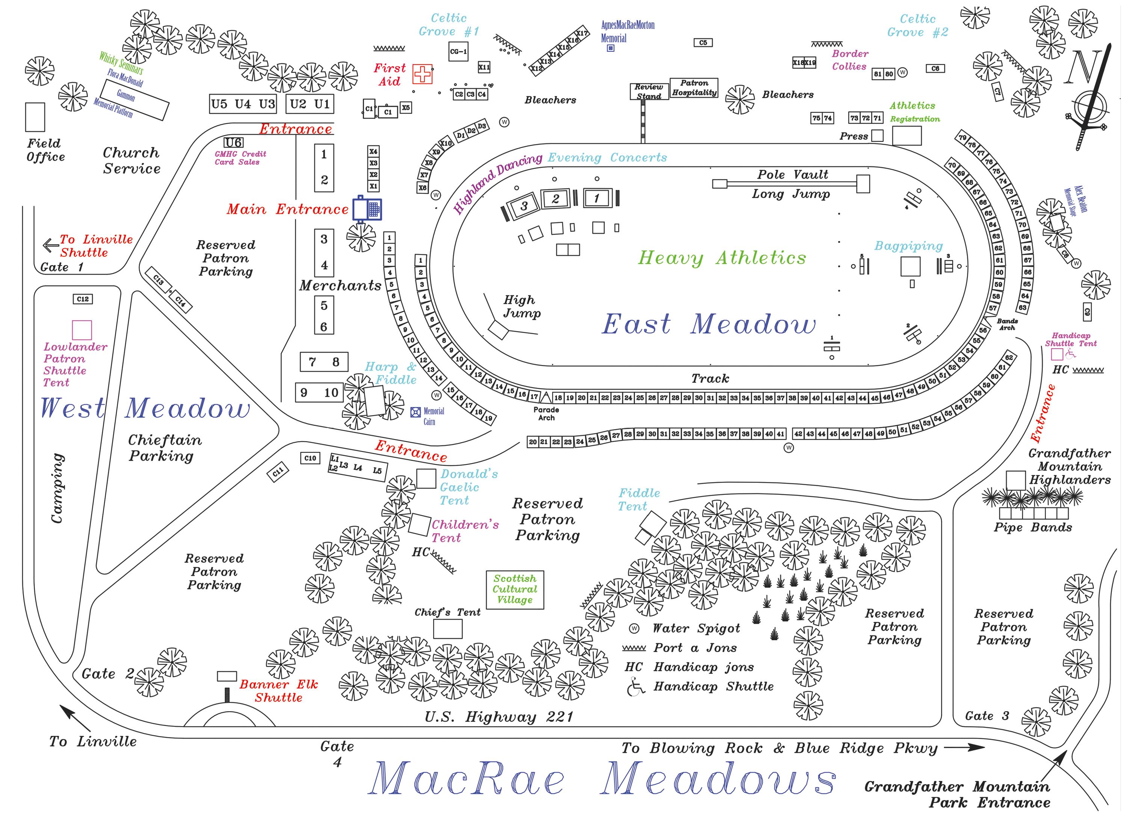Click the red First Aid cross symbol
click(x=422, y=74)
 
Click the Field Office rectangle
click(x=35, y=117)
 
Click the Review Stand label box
click(x=649, y=92)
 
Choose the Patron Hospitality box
click(x=694, y=88)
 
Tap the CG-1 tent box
click(x=458, y=51)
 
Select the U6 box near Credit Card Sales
click(x=234, y=143)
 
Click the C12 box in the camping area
click(x=83, y=299)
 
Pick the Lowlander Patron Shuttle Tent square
click(x=82, y=330)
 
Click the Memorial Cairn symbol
click(x=415, y=412)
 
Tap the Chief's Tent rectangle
click(x=448, y=629)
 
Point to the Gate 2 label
click(x=107, y=674)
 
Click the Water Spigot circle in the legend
click(x=634, y=629)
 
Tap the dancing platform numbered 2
click(x=555, y=199)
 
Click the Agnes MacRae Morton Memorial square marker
click(x=610, y=48)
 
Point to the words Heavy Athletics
click(x=722, y=258)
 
